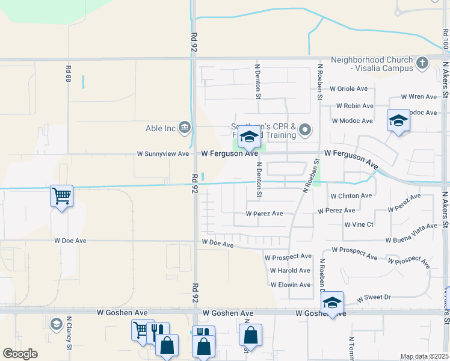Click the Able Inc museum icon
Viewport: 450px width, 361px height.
[185, 127]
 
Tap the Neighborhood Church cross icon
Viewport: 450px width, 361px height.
[422, 62]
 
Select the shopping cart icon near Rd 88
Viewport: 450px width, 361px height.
[61, 196]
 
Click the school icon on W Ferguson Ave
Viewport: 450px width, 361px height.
[249, 138]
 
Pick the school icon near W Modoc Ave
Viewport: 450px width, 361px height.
[398, 120]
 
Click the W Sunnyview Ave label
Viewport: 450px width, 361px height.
[162, 154]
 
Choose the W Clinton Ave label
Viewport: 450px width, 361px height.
[351, 196]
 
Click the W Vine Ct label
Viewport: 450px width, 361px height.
[359, 224]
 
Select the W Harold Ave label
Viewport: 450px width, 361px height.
[290, 271]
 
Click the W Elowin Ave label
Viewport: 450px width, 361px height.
[290, 285]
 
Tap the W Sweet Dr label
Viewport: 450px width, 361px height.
[374, 297]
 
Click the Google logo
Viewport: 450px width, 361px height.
[20, 354]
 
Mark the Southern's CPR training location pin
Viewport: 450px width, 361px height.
[305, 129]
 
